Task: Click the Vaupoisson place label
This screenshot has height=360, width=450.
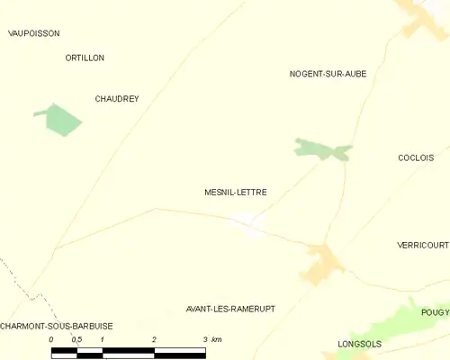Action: pos(33,33)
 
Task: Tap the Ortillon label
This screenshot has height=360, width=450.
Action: pos(85,58)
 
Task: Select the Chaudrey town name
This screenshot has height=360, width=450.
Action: pos(117,99)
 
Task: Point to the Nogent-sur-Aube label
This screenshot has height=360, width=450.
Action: pos(328,73)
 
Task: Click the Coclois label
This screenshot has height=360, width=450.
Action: pos(417,157)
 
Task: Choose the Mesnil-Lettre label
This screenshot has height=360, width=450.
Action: pos(236,192)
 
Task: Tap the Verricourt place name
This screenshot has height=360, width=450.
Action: pos(422,245)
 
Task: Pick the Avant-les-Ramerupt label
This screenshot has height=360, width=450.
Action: pos(229,308)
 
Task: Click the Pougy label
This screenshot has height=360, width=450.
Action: pos(435,312)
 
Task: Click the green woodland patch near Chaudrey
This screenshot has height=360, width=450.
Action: pos(58,120)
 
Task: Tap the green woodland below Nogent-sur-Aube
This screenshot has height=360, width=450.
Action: pos(321,149)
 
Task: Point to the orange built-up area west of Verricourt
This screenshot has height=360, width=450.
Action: pos(322,262)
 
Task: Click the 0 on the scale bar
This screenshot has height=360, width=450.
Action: pos(51,339)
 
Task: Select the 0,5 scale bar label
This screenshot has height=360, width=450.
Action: pos(76,339)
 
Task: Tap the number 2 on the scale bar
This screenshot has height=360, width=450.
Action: pos(154,339)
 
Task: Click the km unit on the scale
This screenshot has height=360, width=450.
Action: pos(217,339)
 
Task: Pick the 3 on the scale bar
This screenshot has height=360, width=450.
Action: pos(205,339)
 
